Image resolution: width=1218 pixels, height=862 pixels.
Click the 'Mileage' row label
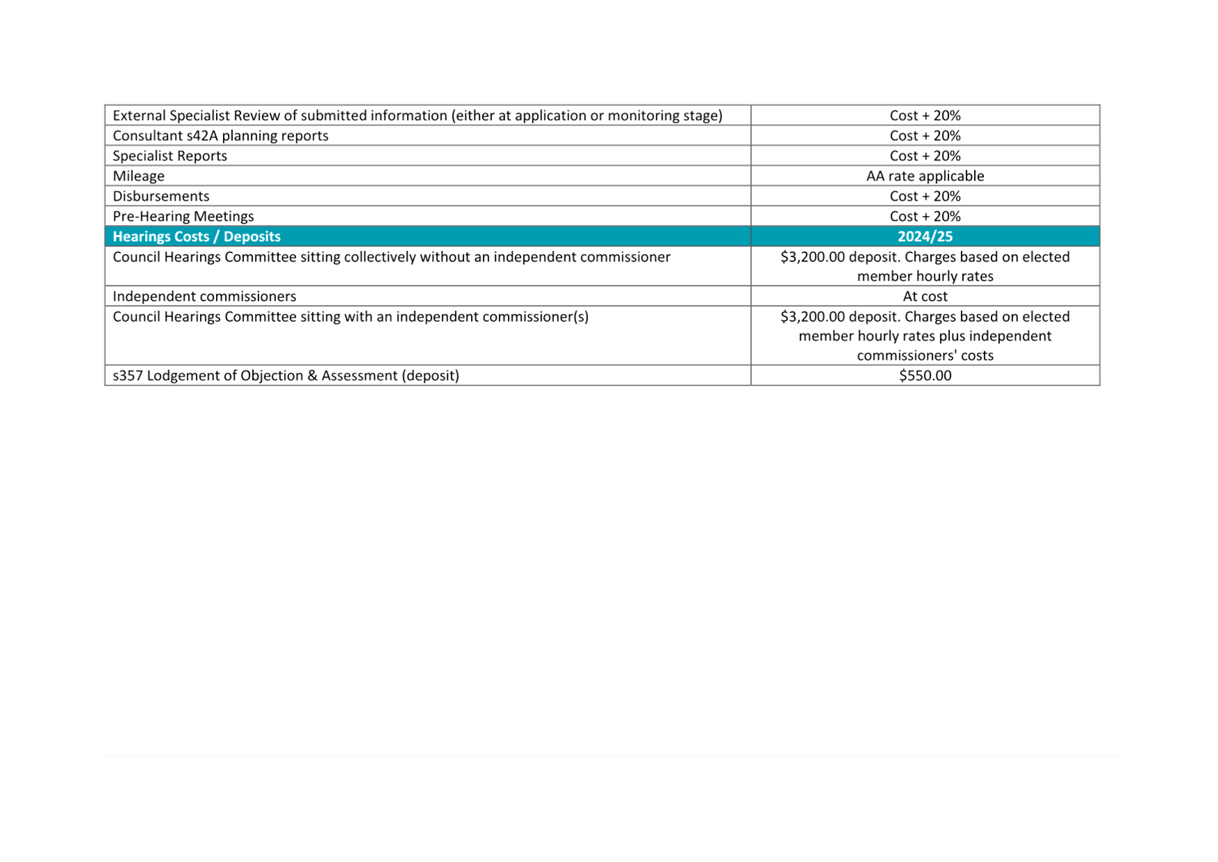[139, 176]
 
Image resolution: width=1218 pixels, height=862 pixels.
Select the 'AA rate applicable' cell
[925, 176]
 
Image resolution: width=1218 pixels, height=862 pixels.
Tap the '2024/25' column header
[925, 236]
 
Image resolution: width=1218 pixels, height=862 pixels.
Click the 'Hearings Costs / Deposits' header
[196, 236]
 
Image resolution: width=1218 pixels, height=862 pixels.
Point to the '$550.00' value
[925, 376]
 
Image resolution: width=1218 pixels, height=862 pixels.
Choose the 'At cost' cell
[925, 296]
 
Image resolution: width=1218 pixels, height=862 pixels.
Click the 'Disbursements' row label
[161, 196]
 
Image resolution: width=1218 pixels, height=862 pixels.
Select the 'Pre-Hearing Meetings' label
[183, 216]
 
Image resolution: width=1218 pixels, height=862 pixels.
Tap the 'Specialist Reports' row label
[170, 155]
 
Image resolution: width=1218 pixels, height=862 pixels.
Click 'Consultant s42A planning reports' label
[220, 135]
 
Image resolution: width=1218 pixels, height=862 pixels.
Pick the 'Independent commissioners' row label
[204, 296]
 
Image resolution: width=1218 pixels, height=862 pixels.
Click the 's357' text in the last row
[128, 376]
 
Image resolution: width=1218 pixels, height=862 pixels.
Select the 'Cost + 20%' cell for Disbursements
[925, 196]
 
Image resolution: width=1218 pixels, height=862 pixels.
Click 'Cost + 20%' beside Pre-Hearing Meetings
[925, 216]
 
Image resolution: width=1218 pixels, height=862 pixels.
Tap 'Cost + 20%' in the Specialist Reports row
[925, 155]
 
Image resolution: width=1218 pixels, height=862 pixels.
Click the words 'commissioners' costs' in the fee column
[925, 355]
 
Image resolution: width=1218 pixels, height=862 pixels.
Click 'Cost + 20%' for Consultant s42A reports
[925, 135]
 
